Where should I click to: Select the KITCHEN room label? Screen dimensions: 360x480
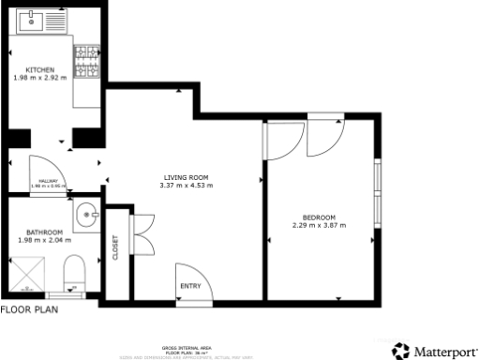click(x=39, y=70)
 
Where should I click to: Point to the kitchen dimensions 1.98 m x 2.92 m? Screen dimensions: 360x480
click(x=39, y=78)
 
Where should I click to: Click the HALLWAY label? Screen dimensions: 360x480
click(x=48, y=181)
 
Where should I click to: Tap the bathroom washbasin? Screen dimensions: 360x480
click(x=88, y=216)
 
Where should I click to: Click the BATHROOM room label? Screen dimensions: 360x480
click(x=44, y=232)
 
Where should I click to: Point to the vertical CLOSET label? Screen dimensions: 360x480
click(x=116, y=247)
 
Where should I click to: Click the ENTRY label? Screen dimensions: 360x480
click(x=190, y=286)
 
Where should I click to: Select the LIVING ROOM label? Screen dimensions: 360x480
click(x=186, y=177)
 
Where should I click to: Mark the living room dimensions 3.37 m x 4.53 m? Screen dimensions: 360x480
click(x=187, y=186)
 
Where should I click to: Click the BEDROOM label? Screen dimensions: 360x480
click(x=319, y=217)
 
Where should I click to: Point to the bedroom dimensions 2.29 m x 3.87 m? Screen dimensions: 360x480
click(x=319, y=225)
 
